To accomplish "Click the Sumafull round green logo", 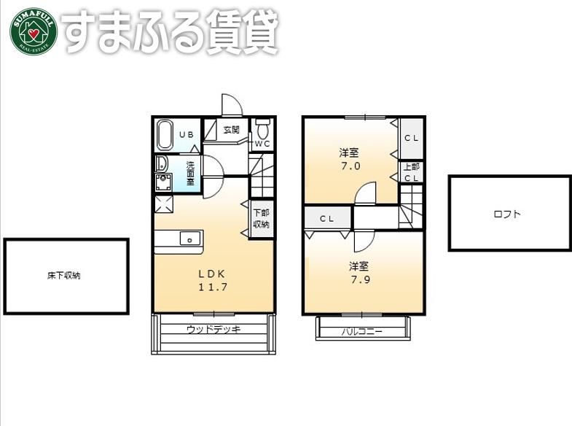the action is point(34,32).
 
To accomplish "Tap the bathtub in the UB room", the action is point(165,135).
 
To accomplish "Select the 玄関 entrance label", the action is point(232,130).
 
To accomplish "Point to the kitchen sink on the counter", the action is point(189,239).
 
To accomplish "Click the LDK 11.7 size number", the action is point(213,287).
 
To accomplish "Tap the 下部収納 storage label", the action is point(261,218).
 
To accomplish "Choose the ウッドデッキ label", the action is point(213,329).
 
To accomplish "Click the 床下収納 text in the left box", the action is point(64,275).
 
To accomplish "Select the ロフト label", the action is point(507,214).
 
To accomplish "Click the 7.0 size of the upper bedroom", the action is point(350,166).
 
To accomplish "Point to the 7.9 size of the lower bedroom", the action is point(361,279).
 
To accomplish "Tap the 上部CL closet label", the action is point(412,172).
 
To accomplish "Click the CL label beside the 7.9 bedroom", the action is point(327,219).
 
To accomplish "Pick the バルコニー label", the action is point(362,331).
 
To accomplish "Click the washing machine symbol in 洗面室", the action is point(163,182).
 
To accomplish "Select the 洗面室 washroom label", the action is point(190,174).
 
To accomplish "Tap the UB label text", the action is point(187,135).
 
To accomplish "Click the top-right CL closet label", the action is point(412,138).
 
